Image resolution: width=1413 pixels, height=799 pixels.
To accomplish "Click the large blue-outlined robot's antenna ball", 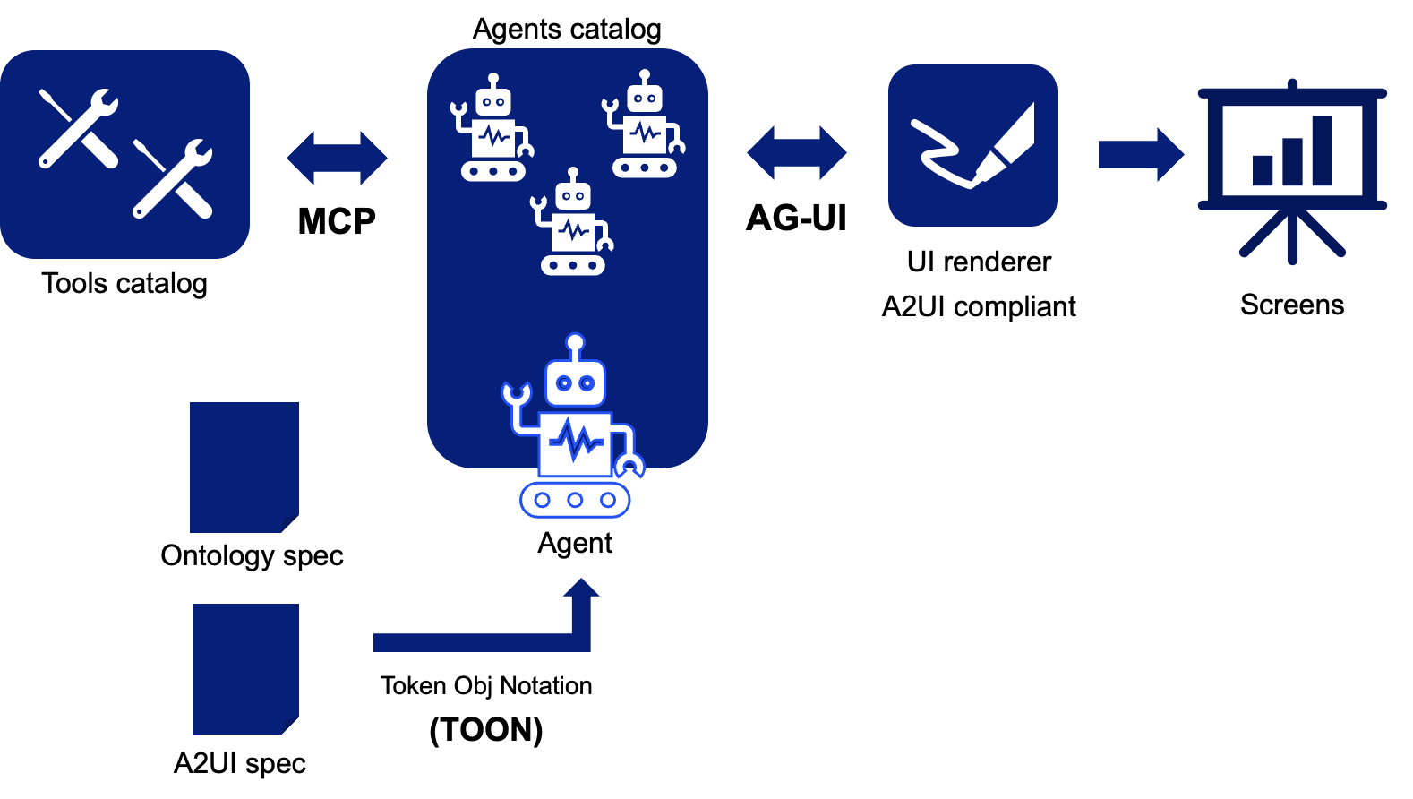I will click(575, 342).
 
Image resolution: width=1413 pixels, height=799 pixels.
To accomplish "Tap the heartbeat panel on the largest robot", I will click(575, 442).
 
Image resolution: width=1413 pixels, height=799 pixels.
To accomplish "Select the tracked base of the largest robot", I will click(575, 500).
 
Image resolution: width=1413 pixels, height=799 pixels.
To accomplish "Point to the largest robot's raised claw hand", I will click(516, 393).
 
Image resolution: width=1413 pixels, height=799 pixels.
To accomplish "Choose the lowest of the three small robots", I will click(572, 223).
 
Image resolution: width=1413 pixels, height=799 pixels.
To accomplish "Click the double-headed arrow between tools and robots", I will click(337, 158).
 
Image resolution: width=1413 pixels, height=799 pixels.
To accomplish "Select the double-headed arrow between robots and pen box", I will click(797, 152).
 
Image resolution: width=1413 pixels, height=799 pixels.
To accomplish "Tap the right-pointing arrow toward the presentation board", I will click(1141, 154).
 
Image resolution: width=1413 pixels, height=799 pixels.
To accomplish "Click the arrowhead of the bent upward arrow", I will click(581, 588).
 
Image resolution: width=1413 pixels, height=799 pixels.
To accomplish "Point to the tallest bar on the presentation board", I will click(1322, 150).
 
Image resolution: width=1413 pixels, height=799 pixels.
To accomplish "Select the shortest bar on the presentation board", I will click(1263, 170).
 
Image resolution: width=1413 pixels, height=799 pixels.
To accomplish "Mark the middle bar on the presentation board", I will click(1292, 161).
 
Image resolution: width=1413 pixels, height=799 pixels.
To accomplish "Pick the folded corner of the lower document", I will click(291, 726).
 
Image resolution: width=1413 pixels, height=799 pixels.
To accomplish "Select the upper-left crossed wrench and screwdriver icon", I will click(78, 128).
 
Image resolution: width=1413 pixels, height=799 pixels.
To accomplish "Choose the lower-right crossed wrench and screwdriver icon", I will click(172, 178).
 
